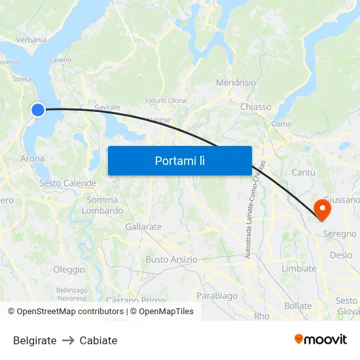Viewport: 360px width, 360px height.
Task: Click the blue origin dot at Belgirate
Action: pos(38,110)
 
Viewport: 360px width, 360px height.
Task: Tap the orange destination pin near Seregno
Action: pos(323,209)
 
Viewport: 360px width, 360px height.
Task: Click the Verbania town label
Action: pos(31,40)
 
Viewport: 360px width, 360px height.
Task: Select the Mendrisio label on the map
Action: pos(236,83)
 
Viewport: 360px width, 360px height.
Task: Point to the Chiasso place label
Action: pos(255,107)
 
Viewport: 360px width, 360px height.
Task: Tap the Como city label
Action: pos(281,124)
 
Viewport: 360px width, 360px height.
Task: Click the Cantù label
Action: pos(303,172)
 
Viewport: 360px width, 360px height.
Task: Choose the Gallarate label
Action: pos(143,226)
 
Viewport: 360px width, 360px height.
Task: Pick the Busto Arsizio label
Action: pos(171,259)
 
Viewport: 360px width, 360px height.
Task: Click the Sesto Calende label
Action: pos(67,183)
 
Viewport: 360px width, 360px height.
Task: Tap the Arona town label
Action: pos(33,158)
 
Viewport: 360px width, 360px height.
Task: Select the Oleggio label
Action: pos(69,270)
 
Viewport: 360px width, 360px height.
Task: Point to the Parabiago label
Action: pos(217,296)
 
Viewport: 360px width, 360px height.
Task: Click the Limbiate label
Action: pos(298,268)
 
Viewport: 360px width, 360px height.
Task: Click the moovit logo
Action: pos(320,339)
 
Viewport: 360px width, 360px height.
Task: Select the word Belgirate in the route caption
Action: pos(35,340)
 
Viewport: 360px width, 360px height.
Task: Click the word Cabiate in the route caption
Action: pos(98,340)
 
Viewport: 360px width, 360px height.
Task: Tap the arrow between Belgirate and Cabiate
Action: pos(68,340)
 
